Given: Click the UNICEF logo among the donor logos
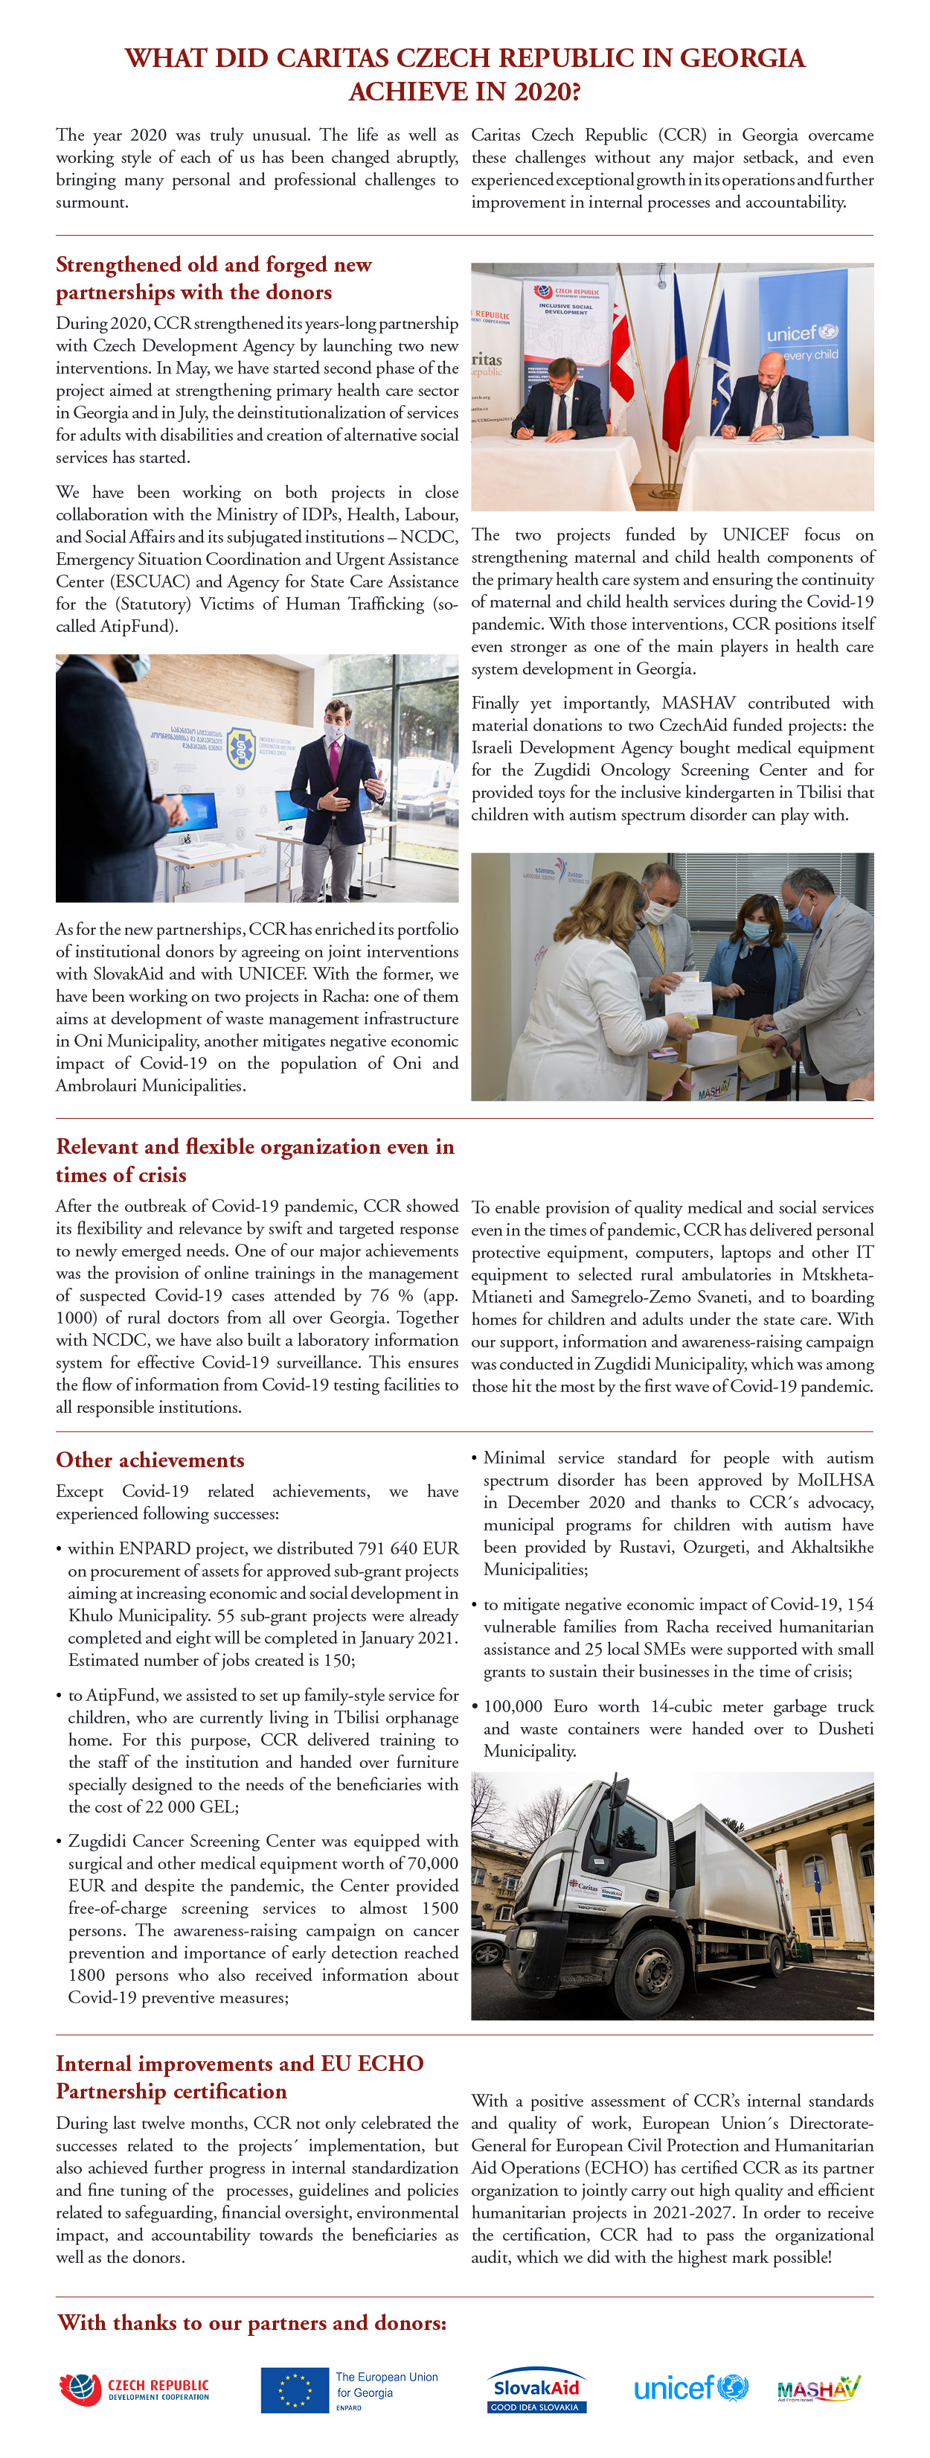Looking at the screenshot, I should point(690,2387).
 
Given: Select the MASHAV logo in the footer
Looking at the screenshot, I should point(818,2387).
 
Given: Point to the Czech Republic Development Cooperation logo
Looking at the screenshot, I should point(135,2388).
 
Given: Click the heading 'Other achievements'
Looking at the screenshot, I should point(150,1459).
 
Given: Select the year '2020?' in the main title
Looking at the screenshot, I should point(539,92).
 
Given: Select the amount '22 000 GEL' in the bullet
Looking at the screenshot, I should point(189,1807).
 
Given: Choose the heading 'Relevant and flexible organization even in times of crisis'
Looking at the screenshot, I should point(254,1159).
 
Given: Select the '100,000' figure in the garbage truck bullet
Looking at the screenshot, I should point(513,1705).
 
